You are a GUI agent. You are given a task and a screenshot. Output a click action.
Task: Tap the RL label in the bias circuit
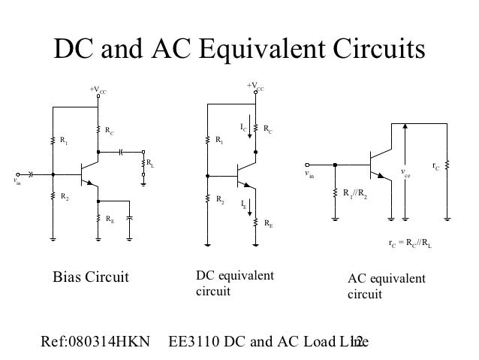[150, 162]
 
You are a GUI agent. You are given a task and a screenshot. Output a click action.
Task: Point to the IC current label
[243, 129]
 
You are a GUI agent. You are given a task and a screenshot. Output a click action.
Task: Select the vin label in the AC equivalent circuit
[309, 174]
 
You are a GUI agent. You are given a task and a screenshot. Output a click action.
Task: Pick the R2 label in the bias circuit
[65, 198]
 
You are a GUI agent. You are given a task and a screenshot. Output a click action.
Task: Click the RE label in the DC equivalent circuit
[268, 223]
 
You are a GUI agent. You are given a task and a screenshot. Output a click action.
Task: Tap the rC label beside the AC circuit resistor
[436, 165]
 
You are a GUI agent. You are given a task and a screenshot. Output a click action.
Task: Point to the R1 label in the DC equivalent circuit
[219, 140]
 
